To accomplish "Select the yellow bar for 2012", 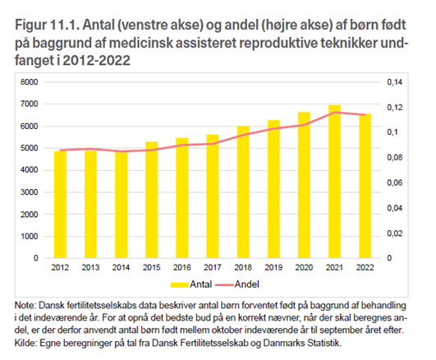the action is coord(60,205).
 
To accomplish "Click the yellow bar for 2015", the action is coord(152,200).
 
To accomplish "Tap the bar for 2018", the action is coord(243,192).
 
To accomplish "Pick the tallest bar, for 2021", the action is coord(334,182).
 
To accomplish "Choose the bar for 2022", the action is coord(365,186).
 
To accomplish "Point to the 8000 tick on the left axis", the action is coord(29,82).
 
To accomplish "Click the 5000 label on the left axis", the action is coord(29,148).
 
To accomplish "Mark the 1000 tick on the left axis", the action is coord(29,237).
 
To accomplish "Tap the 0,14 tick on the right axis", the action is coord(395,82).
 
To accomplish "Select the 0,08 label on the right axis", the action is coord(395,158).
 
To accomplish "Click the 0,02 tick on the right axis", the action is coord(395,233).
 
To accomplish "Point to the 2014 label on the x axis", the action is coord(121,268).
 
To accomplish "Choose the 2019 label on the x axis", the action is coord(273,268).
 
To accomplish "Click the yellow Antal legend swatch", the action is coord(179,284).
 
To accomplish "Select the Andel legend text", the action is coord(247,284).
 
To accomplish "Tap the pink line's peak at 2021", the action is coord(335,113).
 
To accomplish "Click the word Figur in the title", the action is coord(31,25).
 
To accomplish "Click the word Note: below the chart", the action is coord(25,306).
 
